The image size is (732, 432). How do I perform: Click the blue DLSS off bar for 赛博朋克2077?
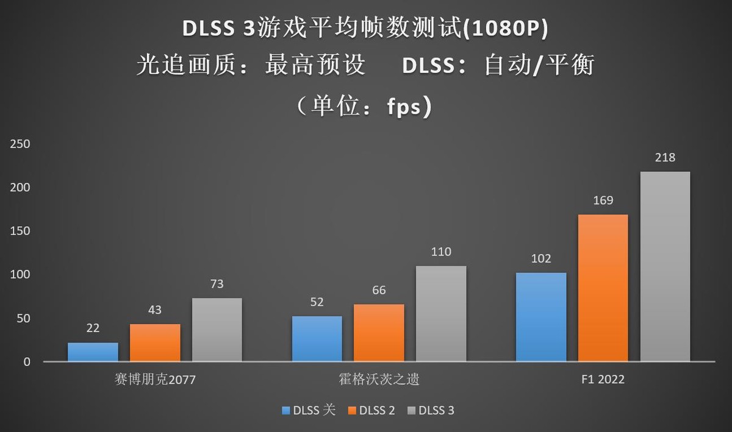click(x=93, y=352)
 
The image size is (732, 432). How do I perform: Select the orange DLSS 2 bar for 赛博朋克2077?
click(x=155, y=343)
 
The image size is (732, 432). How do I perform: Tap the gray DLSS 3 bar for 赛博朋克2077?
click(x=217, y=330)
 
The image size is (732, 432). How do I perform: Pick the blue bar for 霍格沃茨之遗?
click(x=317, y=339)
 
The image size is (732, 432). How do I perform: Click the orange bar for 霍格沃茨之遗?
click(x=379, y=333)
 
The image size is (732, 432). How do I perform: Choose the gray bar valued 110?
click(x=441, y=314)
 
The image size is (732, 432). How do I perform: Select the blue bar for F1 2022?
click(x=541, y=317)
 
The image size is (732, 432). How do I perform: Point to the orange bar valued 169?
click(x=603, y=288)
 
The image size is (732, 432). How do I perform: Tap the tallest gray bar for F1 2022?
click(x=665, y=267)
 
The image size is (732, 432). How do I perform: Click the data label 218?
click(x=665, y=158)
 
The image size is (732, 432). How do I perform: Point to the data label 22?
click(x=93, y=328)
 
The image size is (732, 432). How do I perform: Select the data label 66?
click(x=379, y=291)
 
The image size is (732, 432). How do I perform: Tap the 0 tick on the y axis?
click(x=26, y=362)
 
